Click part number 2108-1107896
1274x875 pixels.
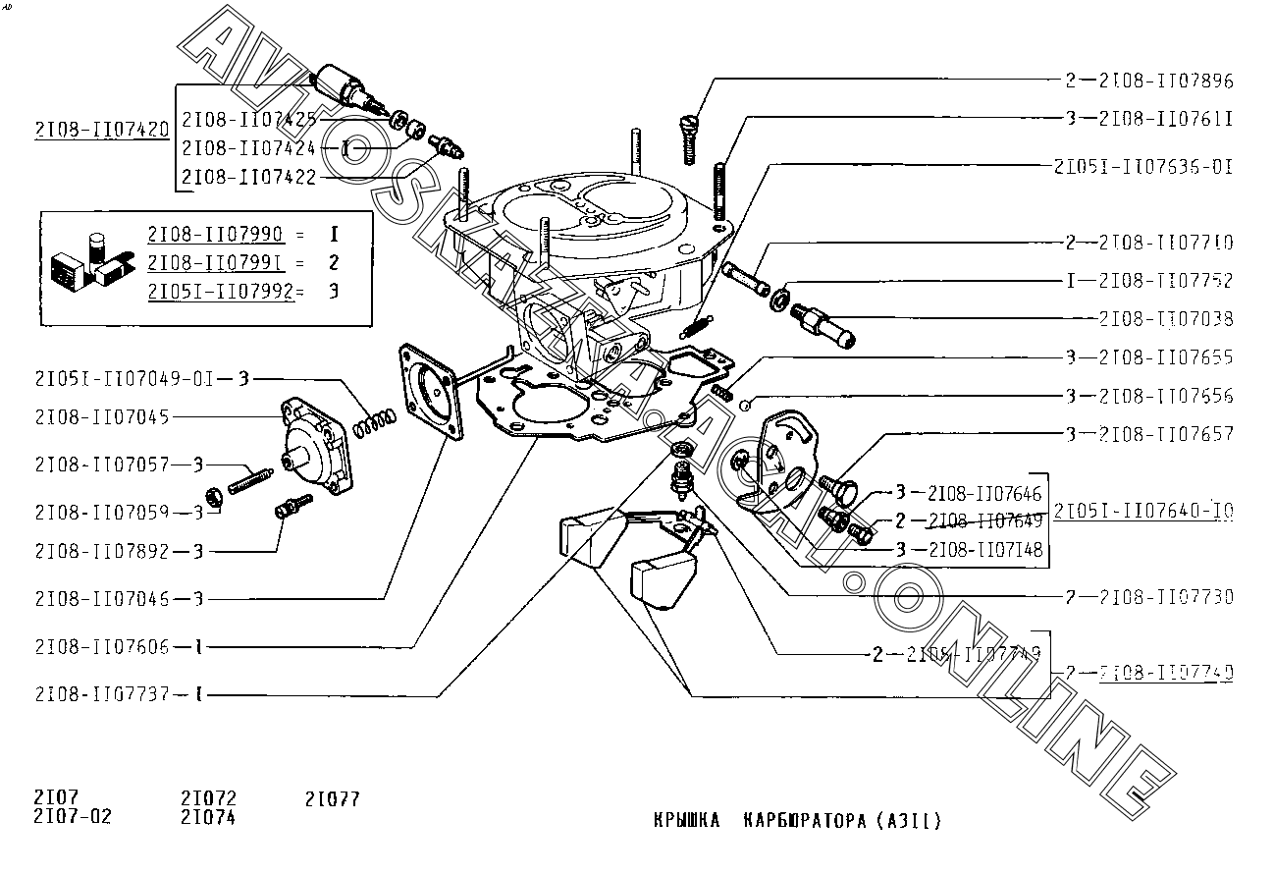tap(1165, 81)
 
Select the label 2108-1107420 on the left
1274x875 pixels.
tap(101, 129)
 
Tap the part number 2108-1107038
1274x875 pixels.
tap(1165, 319)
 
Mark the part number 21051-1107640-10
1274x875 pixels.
tap(1143, 511)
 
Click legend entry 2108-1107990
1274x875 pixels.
tap(215, 234)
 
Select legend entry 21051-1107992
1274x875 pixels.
tap(220, 292)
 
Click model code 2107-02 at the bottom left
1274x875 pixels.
tap(73, 816)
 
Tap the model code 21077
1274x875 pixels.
tap(333, 799)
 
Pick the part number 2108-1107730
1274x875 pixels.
tap(1165, 597)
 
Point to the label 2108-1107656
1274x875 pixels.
tap(1165, 396)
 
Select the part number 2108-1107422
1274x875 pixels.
tap(248, 177)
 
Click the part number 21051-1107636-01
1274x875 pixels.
tap(1142, 166)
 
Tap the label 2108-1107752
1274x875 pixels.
tap(1165, 281)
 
